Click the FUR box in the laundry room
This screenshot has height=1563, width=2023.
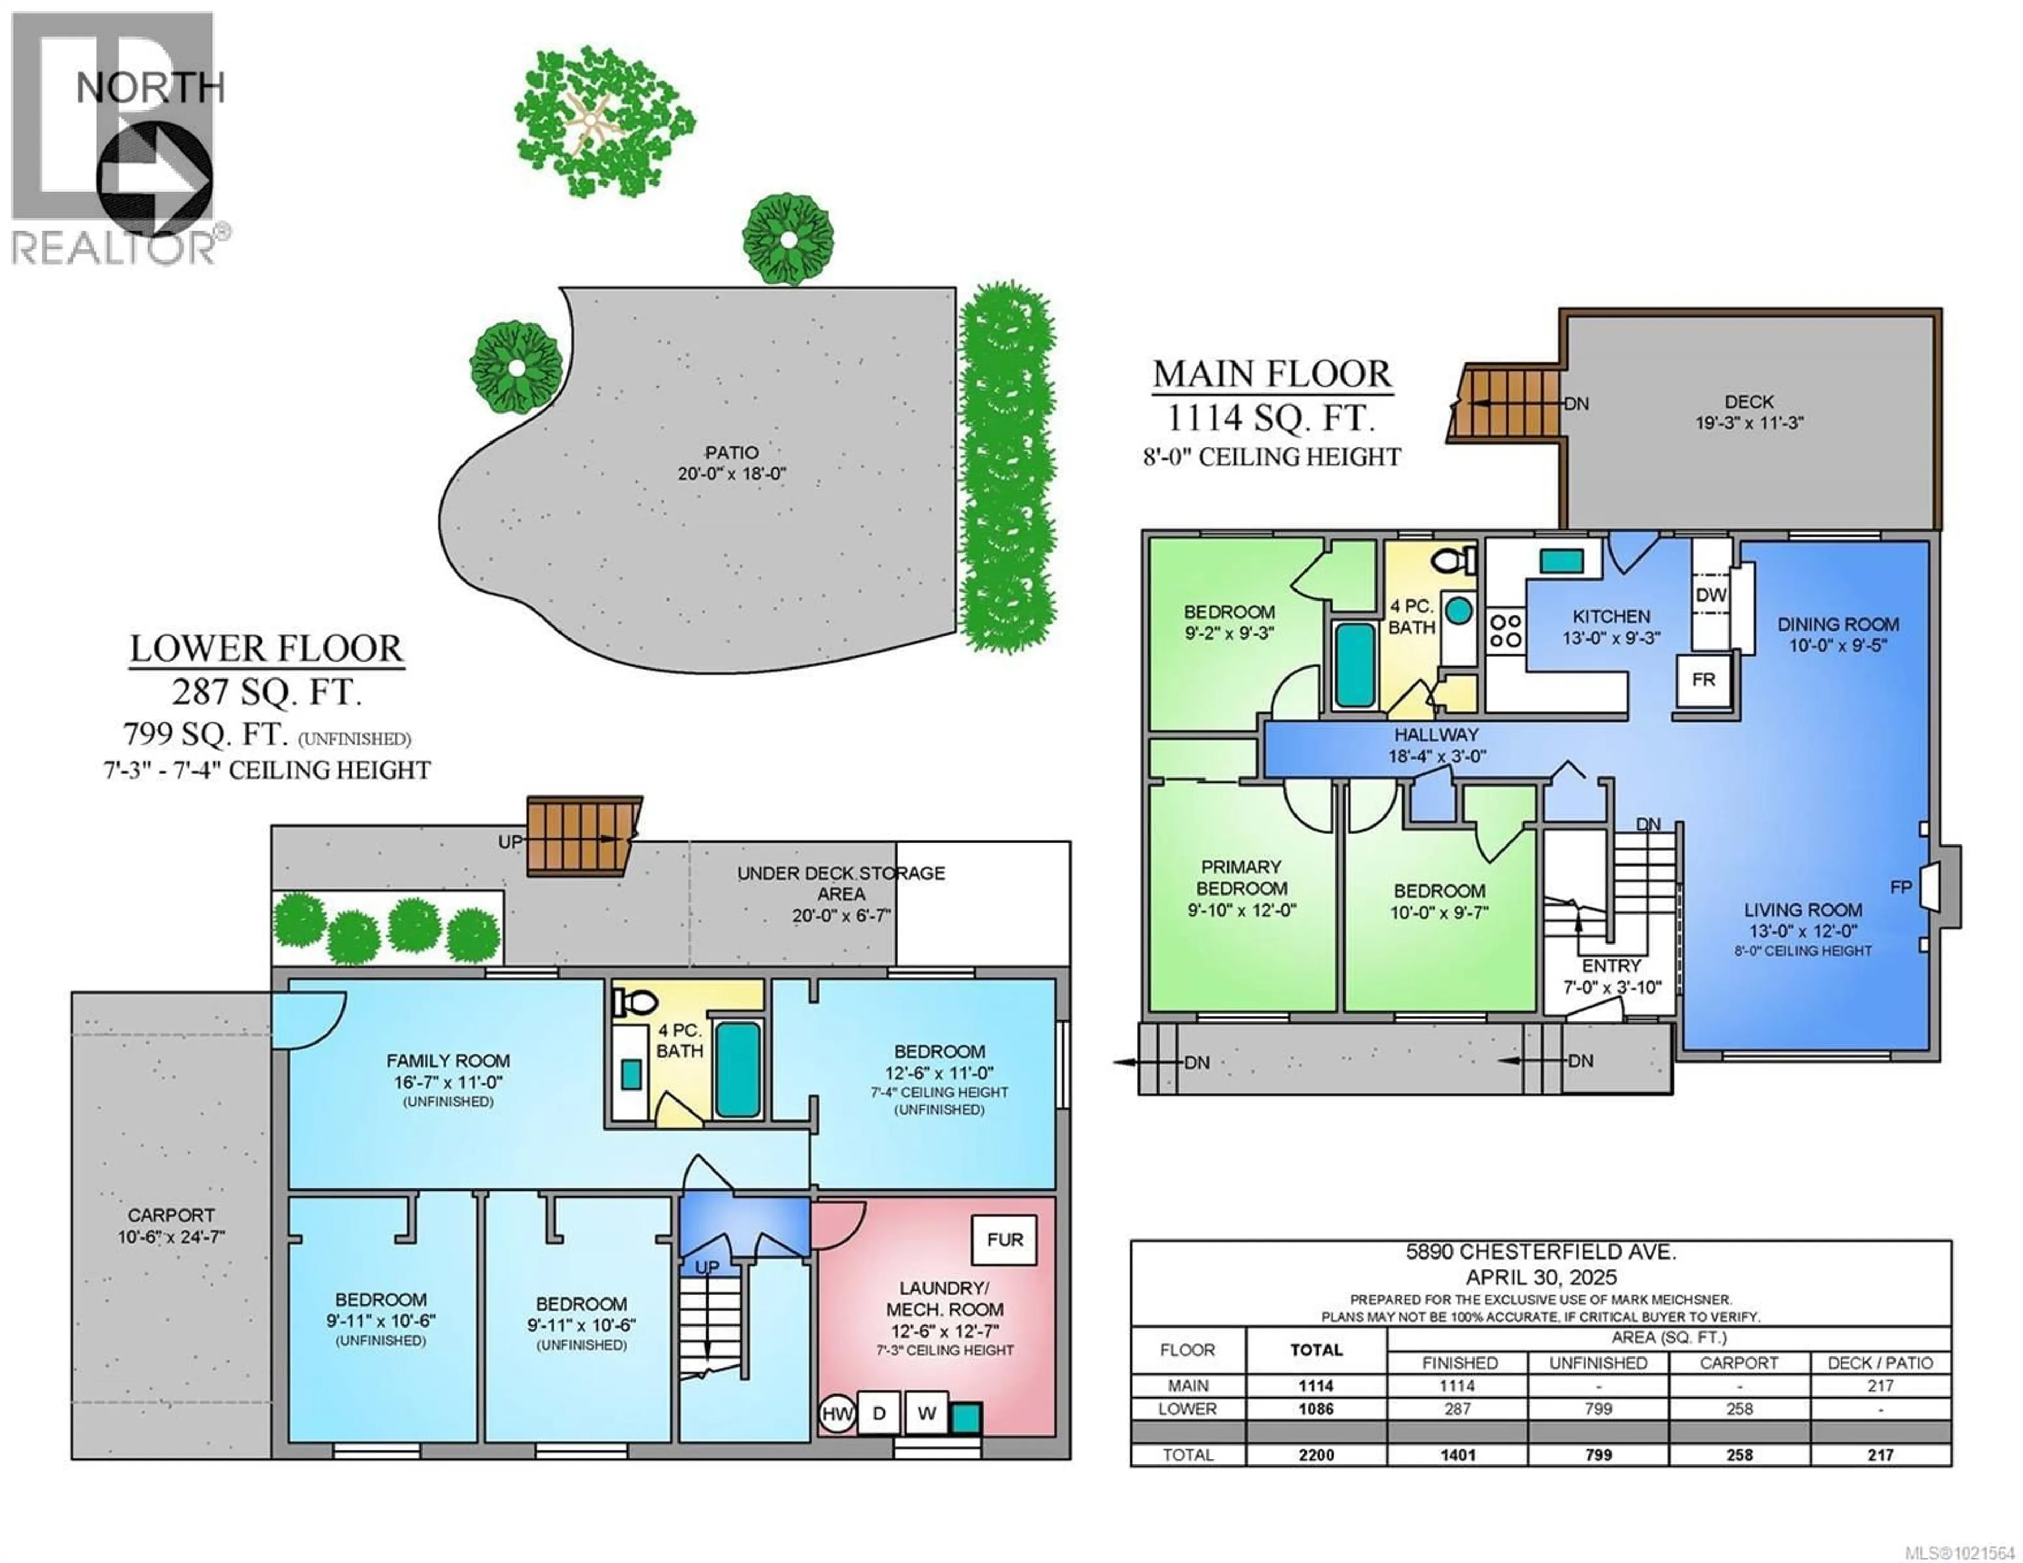point(1004,1240)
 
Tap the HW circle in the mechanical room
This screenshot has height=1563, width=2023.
point(837,1414)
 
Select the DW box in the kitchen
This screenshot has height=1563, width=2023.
point(1710,595)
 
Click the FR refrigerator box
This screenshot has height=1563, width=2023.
point(1703,680)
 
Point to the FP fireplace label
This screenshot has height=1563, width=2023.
point(1901,888)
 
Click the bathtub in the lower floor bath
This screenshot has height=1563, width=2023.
point(738,1069)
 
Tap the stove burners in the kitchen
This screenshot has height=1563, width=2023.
point(1505,631)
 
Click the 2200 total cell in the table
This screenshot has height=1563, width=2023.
point(1315,1454)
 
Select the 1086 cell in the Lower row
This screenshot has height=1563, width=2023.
point(1315,1409)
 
